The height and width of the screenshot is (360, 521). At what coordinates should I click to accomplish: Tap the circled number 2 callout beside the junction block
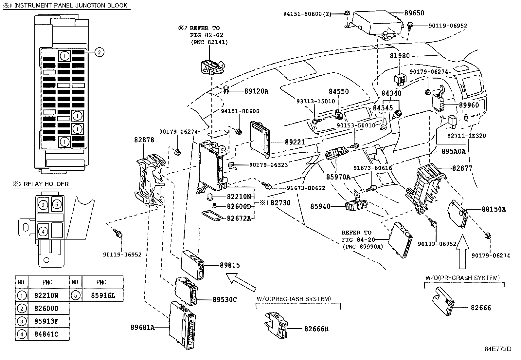point(99,52)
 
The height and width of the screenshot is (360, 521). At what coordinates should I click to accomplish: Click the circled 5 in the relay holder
point(56,205)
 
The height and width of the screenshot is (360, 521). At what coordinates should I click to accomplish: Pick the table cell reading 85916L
point(103,295)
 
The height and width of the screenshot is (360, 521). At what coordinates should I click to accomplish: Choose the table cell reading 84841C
point(46,334)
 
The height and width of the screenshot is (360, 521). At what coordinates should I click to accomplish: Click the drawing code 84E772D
point(498,349)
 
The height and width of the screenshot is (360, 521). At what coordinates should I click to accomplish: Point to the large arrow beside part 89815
point(241,282)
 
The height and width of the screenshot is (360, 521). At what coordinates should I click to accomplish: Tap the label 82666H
point(316,329)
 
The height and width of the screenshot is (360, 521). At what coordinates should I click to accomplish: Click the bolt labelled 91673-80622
point(267,186)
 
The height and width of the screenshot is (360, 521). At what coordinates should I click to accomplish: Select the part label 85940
point(320,206)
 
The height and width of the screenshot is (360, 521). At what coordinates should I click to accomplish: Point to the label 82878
point(144,140)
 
